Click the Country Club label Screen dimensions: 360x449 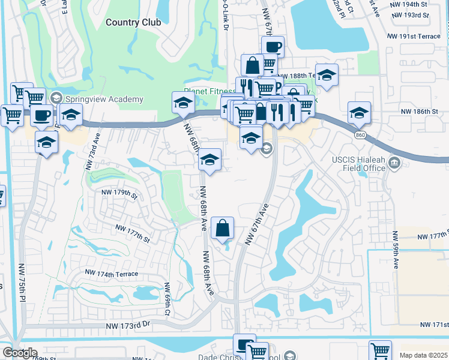(x=133, y=22)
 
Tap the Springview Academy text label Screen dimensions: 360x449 (x=105, y=99)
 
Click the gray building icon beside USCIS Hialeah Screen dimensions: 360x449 (x=394, y=163)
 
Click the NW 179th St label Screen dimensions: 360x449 (x=118, y=193)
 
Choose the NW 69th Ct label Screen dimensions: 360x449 (x=167, y=298)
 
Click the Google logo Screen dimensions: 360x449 (x=19, y=353)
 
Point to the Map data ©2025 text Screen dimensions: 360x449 (x=423, y=355)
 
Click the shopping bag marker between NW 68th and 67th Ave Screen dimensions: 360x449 (x=223, y=228)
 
